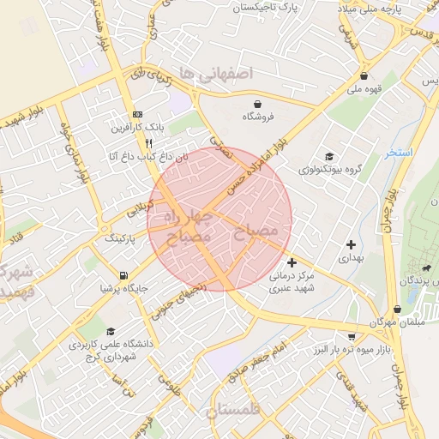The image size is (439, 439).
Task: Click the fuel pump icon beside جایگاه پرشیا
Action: (x=124, y=275)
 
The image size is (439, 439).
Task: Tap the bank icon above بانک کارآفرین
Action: (x=137, y=114)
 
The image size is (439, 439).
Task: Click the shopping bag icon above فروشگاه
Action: (x=258, y=103)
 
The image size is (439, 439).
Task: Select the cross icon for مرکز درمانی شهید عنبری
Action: (x=292, y=262)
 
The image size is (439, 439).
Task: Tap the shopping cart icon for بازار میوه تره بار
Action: (x=352, y=336)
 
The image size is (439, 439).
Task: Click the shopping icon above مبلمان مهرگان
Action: (x=397, y=309)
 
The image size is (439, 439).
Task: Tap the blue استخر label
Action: (x=400, y=153)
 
